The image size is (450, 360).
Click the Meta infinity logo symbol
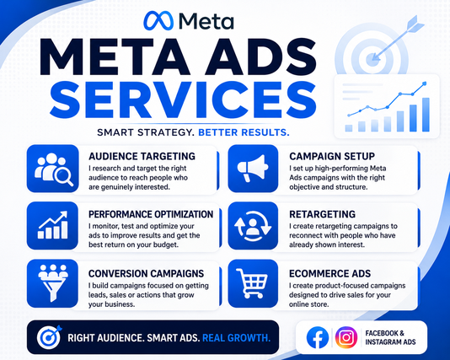158,21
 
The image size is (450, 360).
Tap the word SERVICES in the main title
183,99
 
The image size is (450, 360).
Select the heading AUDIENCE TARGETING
142,157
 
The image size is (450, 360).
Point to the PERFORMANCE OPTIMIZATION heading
151,214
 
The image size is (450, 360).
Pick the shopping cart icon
252,283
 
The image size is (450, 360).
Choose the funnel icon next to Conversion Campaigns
53,282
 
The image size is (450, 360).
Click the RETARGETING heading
322,214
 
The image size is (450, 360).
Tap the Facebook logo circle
318,337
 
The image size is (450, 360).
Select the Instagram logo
346,337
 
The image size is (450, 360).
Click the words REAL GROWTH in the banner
237,338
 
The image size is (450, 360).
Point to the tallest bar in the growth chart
426,115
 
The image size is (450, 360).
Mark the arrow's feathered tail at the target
415,24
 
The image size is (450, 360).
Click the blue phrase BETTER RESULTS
244,132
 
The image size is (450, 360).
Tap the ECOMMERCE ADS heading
330,274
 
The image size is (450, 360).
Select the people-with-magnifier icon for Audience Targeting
53,169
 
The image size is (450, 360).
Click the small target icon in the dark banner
50,337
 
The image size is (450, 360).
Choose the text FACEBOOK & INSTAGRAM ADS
390,337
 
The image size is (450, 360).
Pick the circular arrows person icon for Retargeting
253,227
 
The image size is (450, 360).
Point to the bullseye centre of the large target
372,60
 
